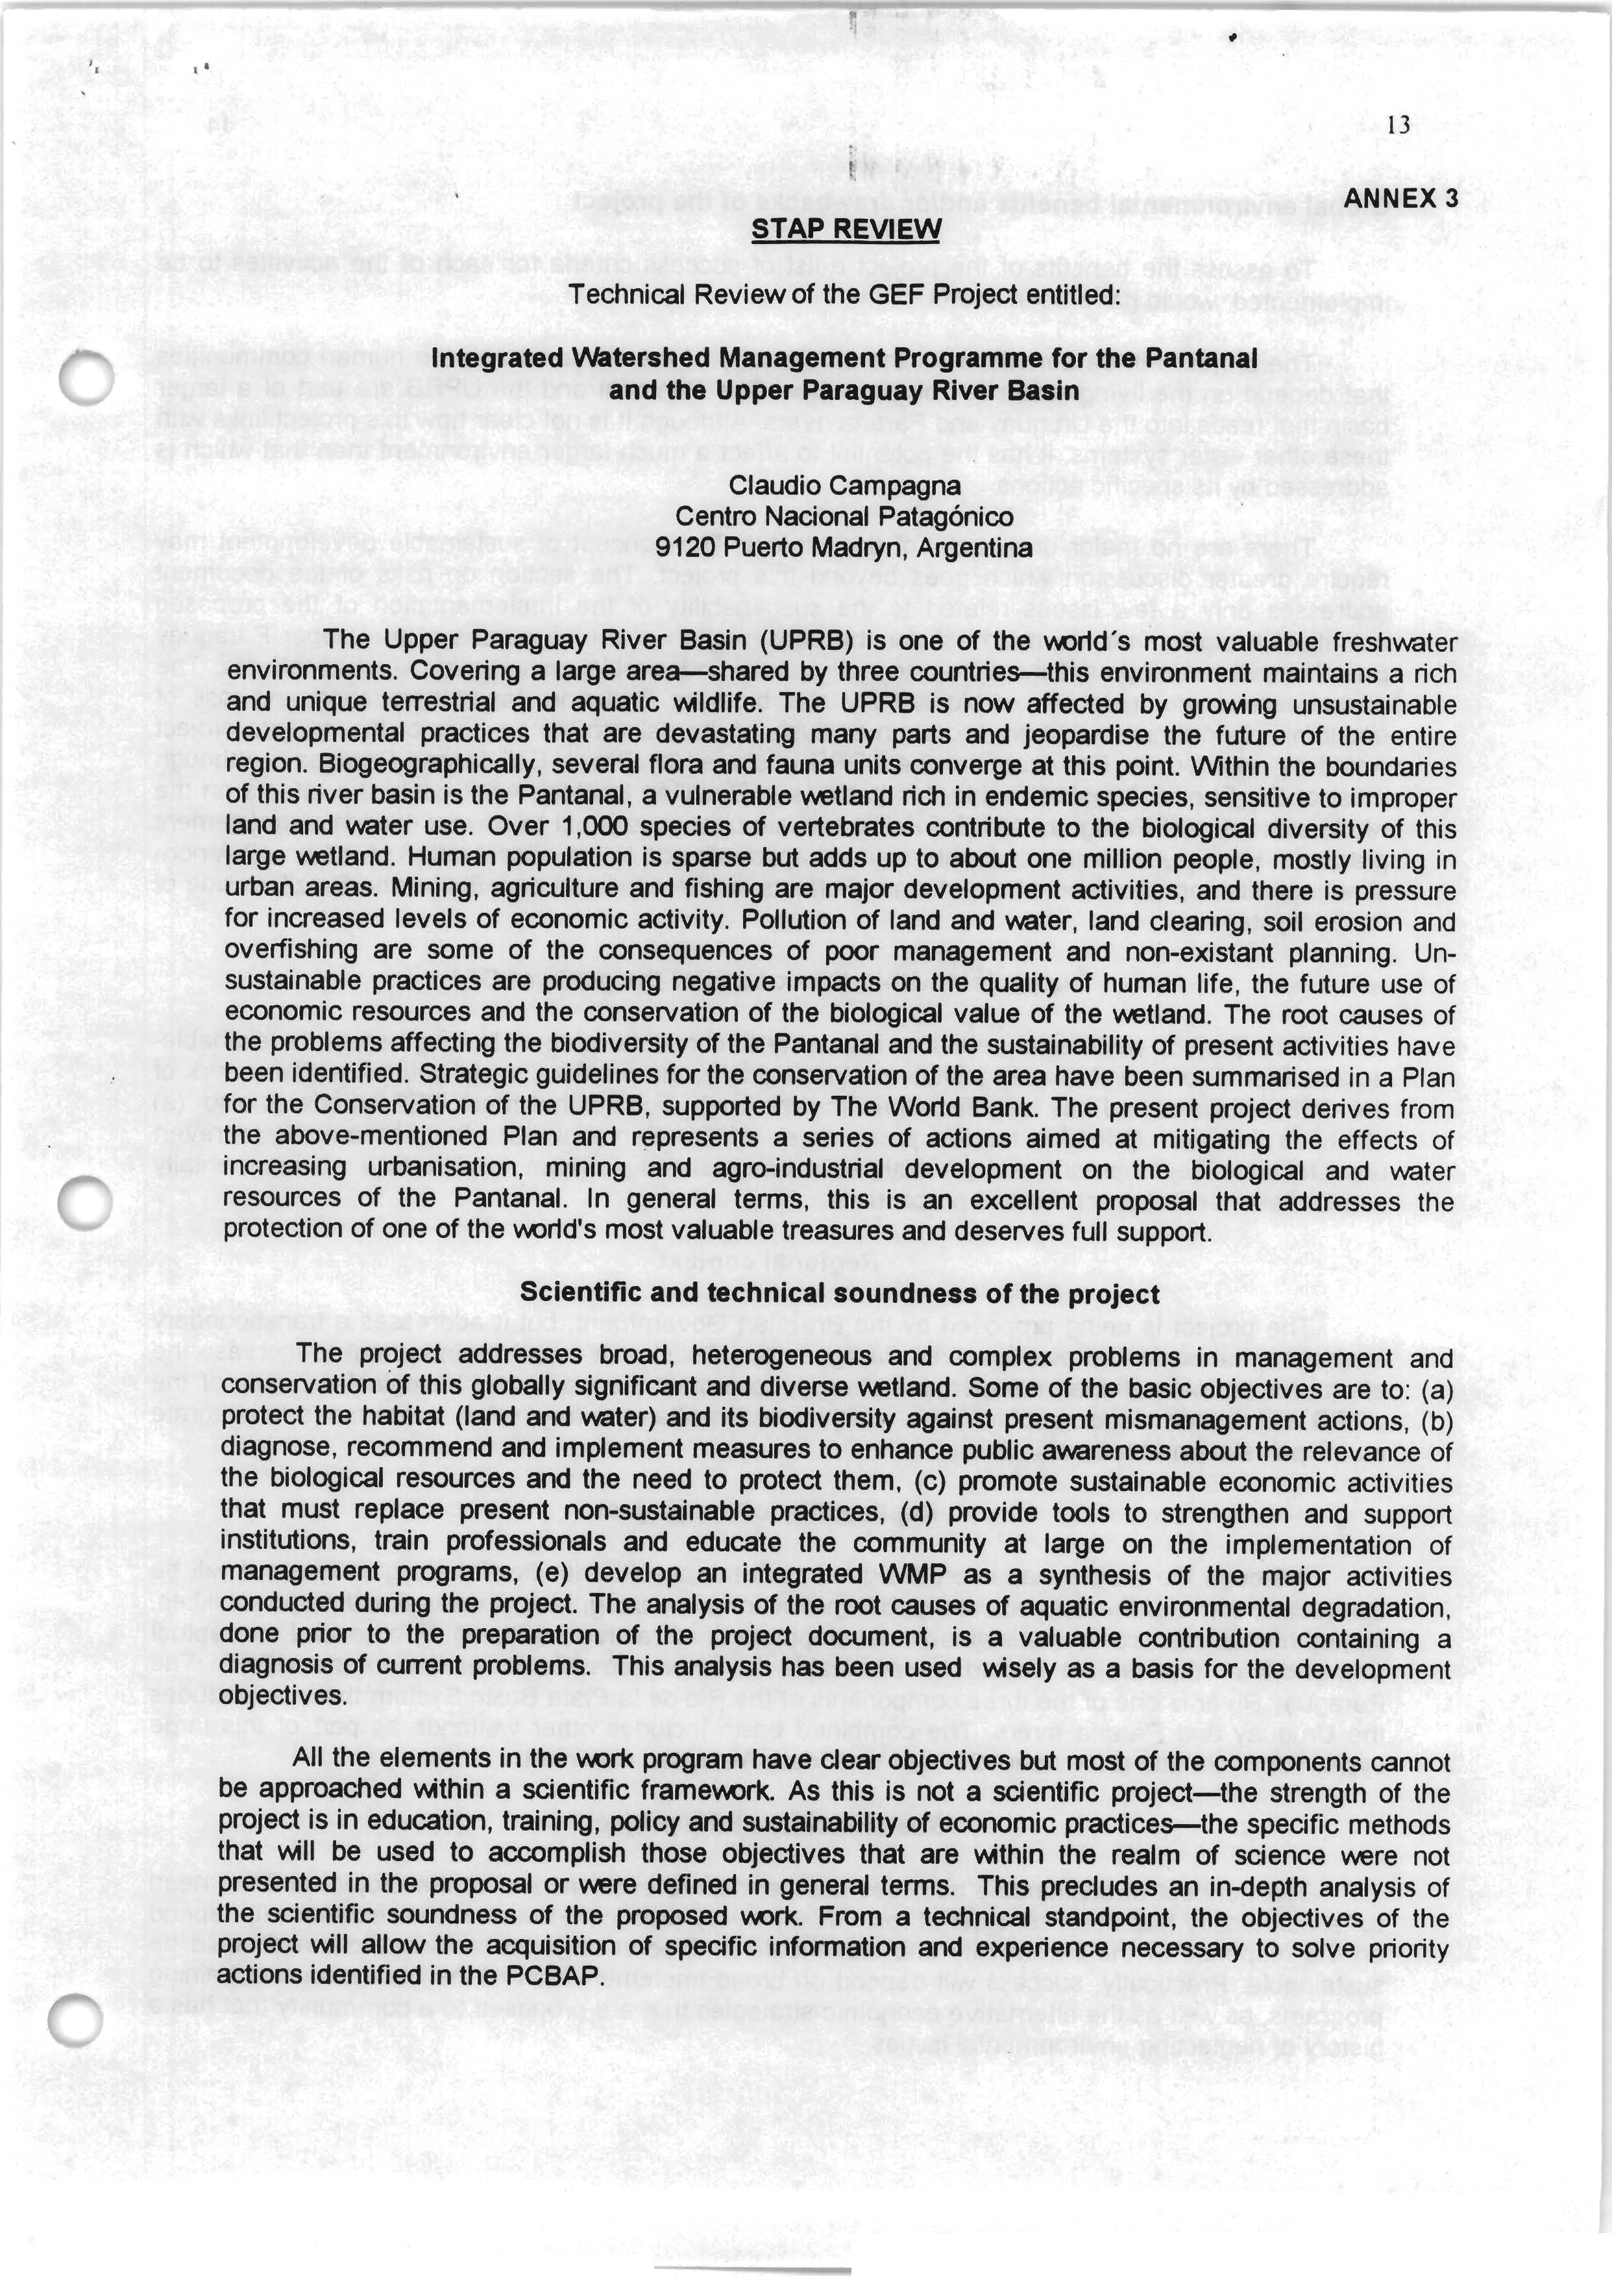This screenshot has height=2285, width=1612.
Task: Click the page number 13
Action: pos(1397,125)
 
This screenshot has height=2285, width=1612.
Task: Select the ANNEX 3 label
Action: pos(1400,198)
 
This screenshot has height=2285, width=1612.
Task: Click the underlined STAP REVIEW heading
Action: pos(845,230)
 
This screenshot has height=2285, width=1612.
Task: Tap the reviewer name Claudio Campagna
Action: pos(845,486)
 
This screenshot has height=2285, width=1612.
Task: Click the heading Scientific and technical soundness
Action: pos(840,1294)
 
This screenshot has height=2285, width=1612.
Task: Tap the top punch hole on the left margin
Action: pos(86,379)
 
